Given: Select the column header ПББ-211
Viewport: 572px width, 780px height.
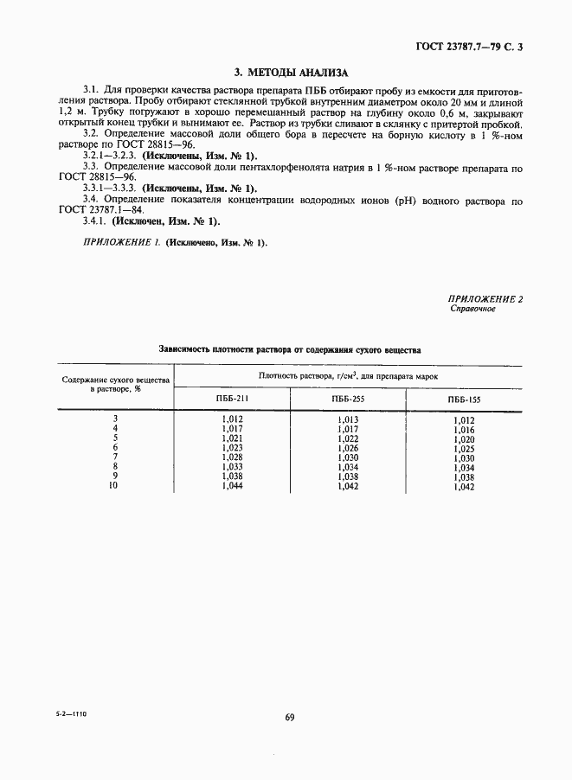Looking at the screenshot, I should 231,399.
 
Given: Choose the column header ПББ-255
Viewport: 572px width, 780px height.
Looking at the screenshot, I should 347,400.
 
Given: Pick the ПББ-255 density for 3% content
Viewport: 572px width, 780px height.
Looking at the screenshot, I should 347,419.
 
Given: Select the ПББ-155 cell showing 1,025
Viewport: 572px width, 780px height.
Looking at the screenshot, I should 464,450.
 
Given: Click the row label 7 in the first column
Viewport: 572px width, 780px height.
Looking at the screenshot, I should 115,457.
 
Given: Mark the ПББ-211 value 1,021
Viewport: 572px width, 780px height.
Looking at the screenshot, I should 231,438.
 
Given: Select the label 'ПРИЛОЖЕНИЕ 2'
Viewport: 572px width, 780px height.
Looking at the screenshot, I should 485,298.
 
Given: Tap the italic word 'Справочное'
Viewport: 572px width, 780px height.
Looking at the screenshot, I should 472,309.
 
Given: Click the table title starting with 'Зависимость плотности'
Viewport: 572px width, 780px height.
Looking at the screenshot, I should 290,350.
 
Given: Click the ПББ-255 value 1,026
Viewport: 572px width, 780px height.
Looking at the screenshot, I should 347,448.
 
